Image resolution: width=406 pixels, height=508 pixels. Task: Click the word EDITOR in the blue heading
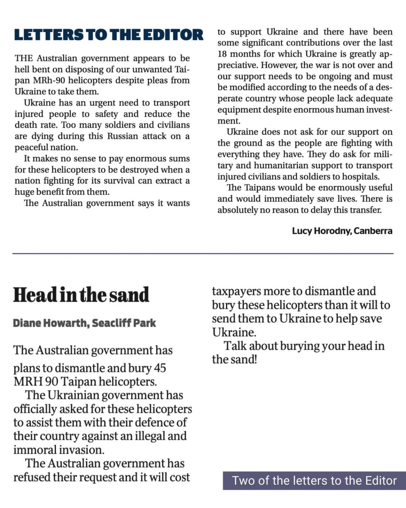coord(173,35)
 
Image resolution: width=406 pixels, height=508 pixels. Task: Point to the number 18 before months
coord(222,54)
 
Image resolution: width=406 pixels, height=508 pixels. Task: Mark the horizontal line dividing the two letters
coord(203,253)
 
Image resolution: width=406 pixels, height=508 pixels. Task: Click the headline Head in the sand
coord(81,295)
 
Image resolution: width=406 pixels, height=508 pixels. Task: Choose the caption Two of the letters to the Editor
coord(314,481)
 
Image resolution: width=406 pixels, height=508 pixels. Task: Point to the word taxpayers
coord(236,291)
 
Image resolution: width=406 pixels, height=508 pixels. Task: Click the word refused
coord(32,477)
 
